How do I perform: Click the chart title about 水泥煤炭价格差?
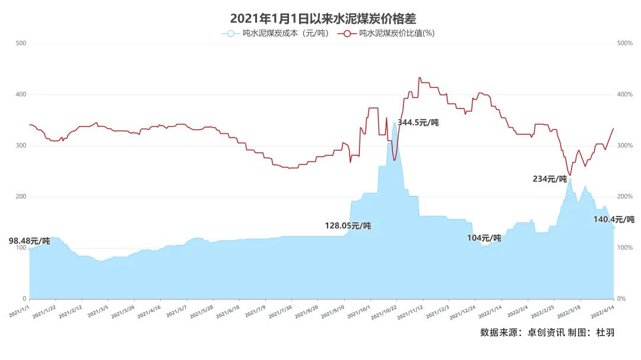(320, 20)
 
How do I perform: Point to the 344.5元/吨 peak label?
(418, 123)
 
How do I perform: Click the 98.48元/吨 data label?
(29, 241)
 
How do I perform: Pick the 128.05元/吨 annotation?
(348, 226)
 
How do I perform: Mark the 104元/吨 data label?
(484, 238)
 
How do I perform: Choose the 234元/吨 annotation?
(549, 179)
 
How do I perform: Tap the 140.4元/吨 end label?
(614, 219)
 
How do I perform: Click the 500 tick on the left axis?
(21, 43)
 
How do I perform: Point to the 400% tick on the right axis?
(625, 94)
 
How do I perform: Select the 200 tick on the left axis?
(21, 196)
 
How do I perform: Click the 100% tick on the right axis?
(625, 248)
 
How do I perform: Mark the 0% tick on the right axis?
(622, 299)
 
